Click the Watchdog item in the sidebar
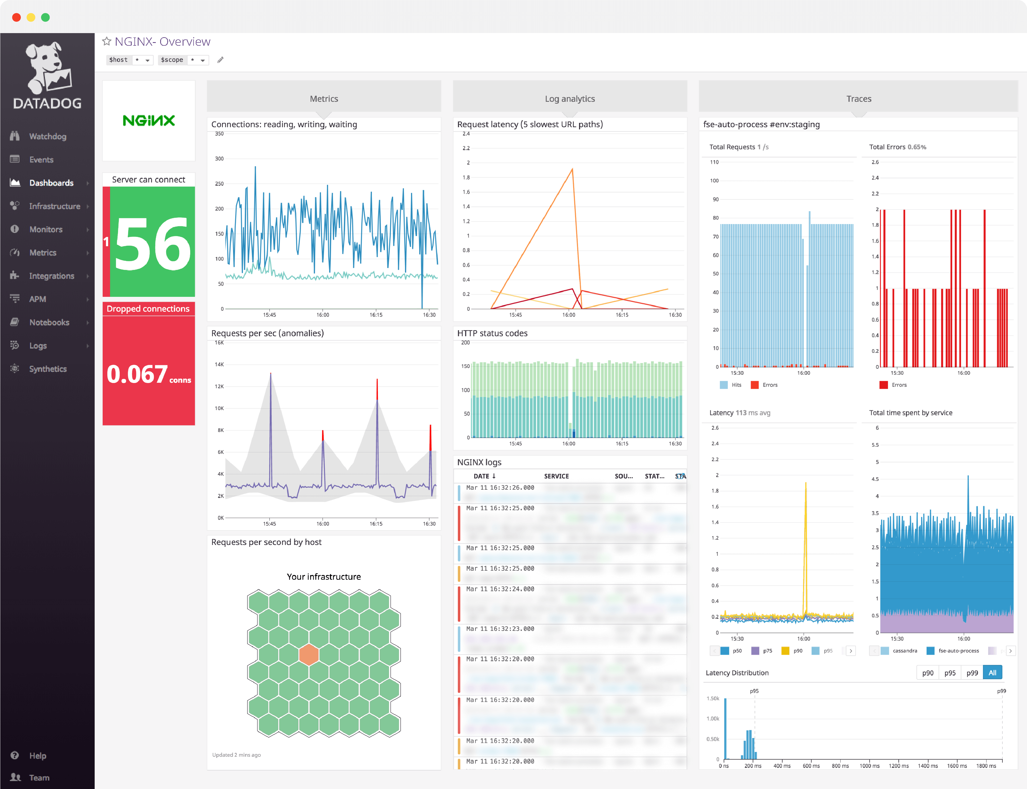pyautogui.click(x=47, y=136)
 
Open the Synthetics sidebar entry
pyautogui.click(x=47, y=369)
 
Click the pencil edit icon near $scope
pyautogui.click(x=220, y=60)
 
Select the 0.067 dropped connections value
pyautogui.click(x=137, y=374)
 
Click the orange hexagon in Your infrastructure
pyautogui.click(x=309, y=654)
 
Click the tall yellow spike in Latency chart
pyautogui.click(x=806, y=484)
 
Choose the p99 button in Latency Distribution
pyautogui.click(x=972, y=672)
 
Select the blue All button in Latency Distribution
pyautogui.click(x=992, y=672)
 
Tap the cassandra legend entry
pyautogui.click(x=904, y=651)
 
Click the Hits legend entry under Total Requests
pyautogui.click(x=736, y=385)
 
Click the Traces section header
pyautogui.click(x=858, y=98)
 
